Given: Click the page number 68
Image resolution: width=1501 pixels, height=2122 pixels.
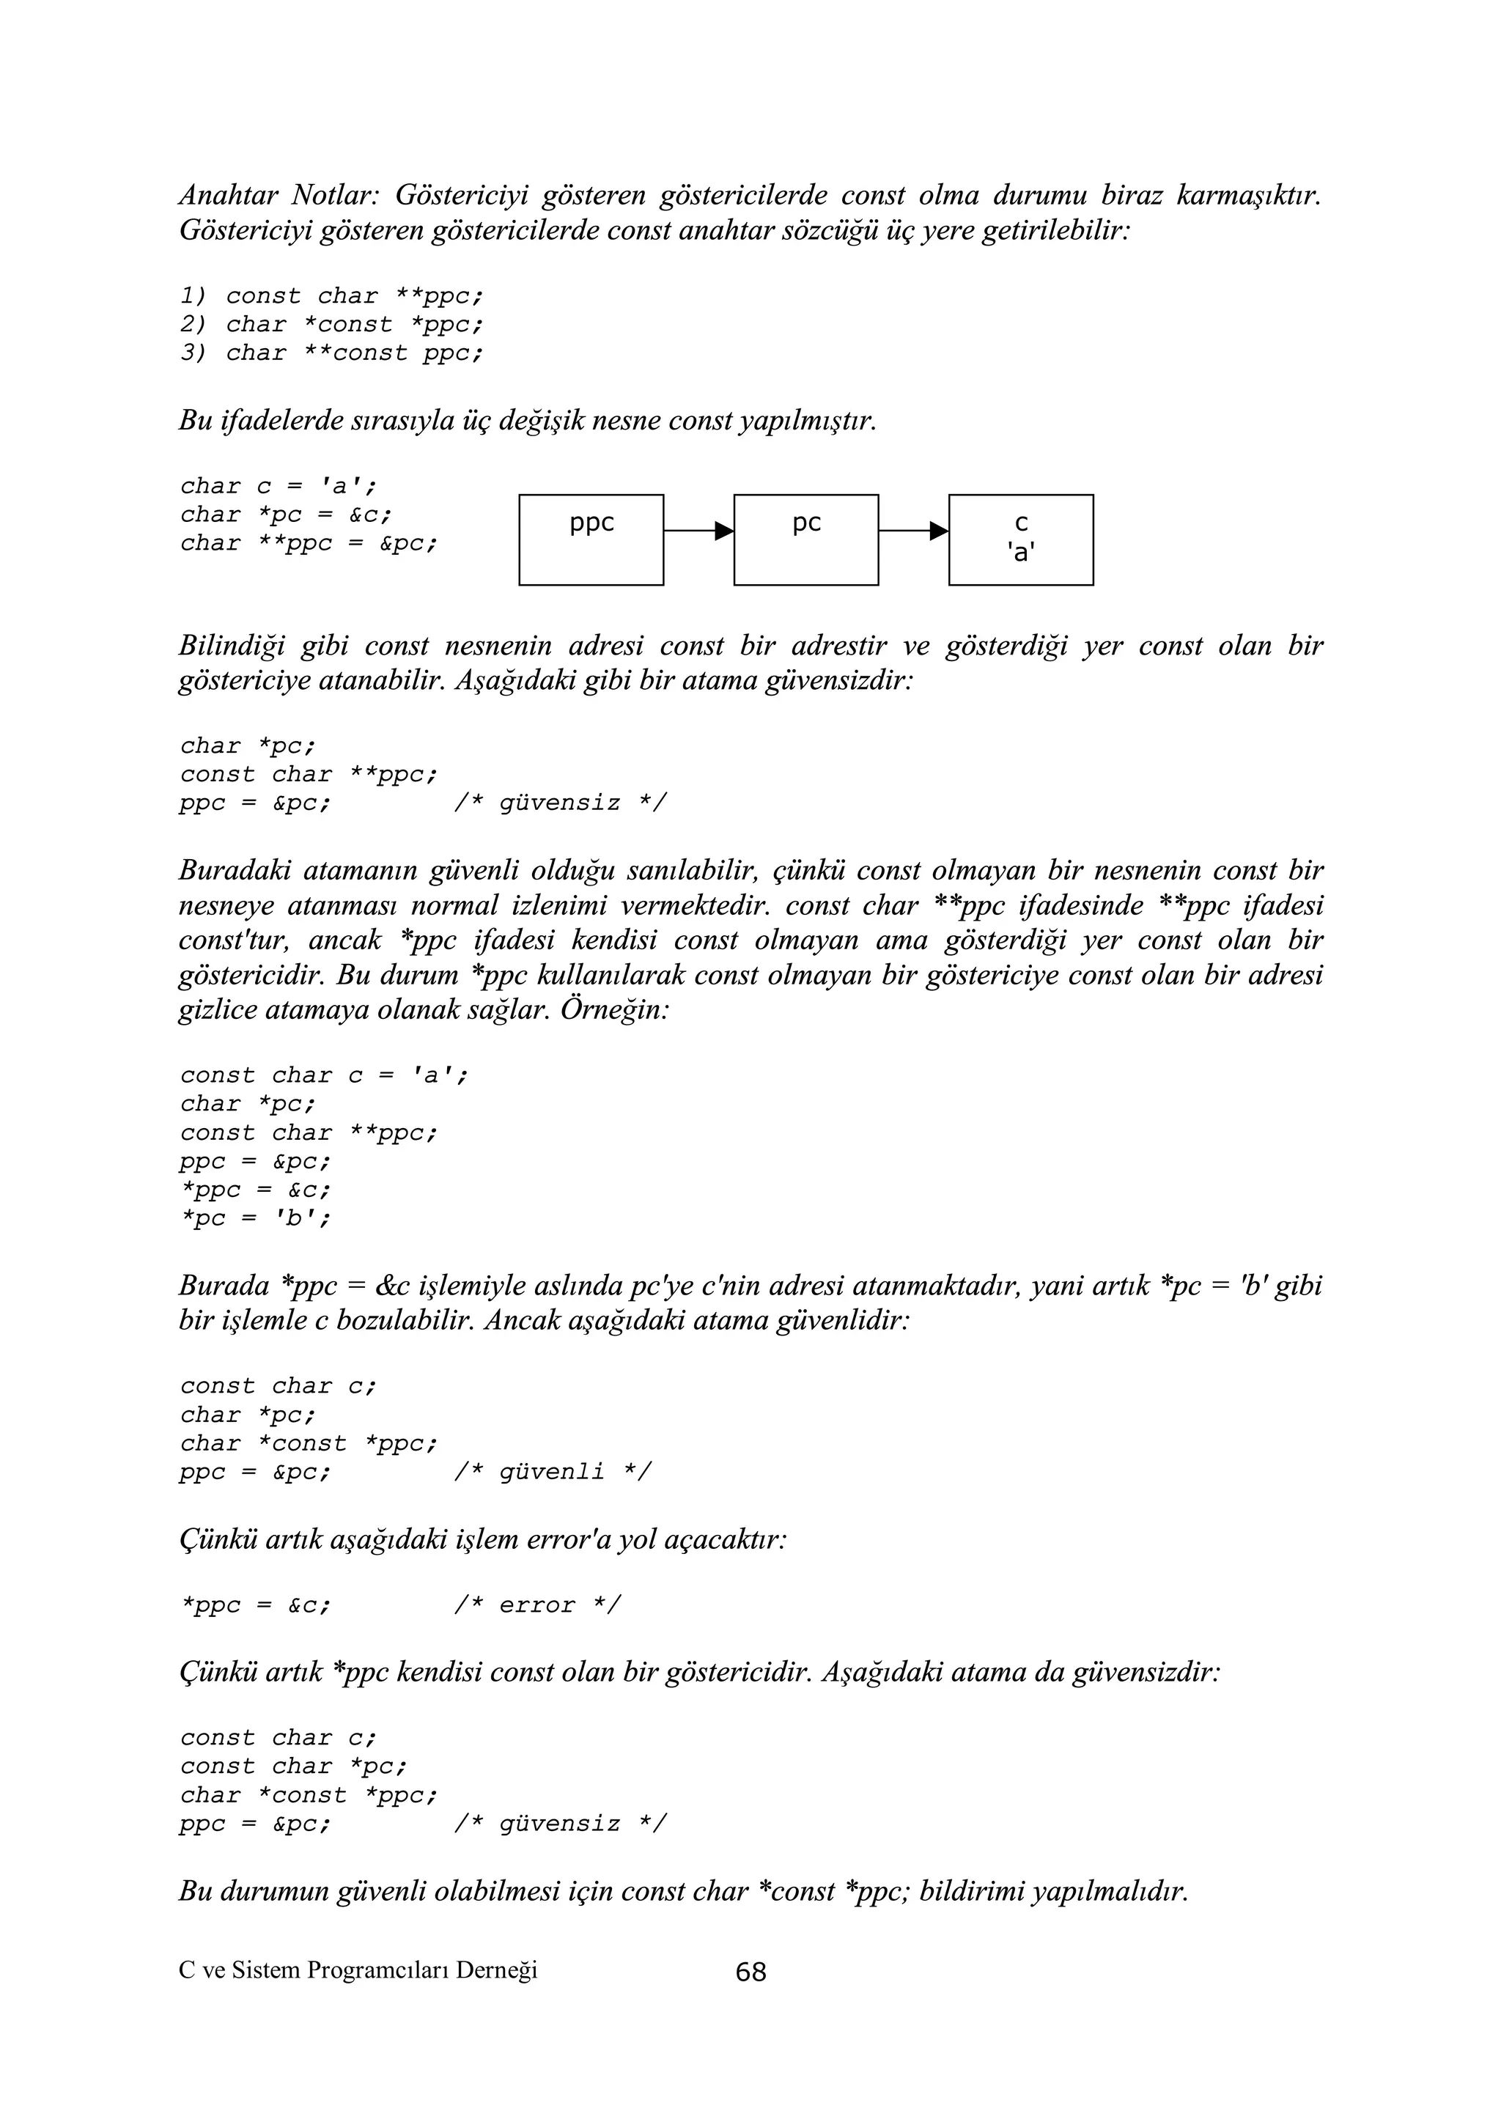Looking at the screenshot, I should [750, 1972].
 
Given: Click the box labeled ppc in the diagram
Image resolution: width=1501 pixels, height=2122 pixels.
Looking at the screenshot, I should [591, 539].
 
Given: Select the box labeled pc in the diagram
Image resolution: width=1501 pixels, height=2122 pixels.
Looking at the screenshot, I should [806, 539].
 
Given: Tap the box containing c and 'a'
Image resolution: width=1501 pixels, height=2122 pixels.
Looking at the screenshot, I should [1020, 539].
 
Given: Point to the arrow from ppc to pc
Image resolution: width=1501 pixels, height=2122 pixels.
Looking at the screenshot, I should [698, 531].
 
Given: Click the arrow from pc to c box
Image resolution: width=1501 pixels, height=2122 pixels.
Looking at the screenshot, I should [913, 531].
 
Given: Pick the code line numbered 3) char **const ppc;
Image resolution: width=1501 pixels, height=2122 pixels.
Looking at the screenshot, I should [331, 353].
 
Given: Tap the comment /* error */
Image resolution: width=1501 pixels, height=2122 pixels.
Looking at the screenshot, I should [537, 1605].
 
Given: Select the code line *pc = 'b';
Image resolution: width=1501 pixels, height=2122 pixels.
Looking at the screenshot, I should [255, 1218].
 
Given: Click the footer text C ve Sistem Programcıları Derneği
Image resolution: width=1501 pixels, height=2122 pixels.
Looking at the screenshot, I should [358, 1970].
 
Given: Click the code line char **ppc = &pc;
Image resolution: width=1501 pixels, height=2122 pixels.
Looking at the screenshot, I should [309, 543].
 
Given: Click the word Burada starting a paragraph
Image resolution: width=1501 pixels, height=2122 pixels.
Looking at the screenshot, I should [224, 1286].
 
